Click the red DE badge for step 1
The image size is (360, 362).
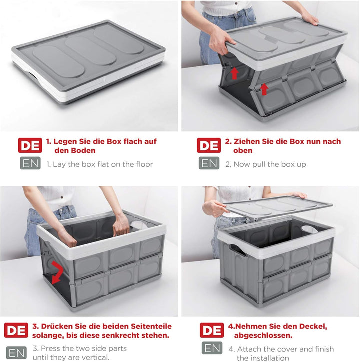point(30,145)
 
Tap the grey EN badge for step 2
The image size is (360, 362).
point(209,163)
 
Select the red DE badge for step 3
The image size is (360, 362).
point(16,330)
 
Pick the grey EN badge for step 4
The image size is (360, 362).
point(212,348)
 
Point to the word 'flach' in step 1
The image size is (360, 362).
point(134,141)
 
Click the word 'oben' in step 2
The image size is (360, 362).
point(243,151)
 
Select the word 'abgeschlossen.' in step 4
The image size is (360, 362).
point(263,335)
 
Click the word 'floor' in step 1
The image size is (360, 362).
point(144,164)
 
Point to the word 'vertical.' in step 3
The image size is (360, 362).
point(94,357)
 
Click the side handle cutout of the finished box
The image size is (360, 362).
point(238,250)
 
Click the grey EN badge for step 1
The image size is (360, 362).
point(30,163)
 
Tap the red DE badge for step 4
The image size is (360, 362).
point(212,330)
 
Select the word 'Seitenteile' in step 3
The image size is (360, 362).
point(151,326)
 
